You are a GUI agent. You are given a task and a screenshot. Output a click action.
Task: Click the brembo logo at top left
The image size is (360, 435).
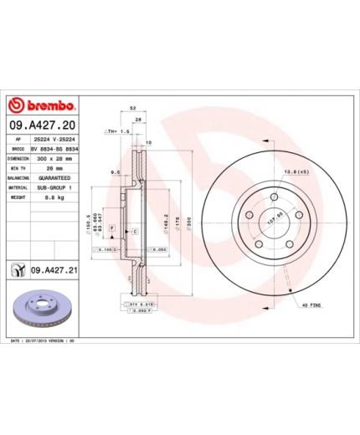[42, 106]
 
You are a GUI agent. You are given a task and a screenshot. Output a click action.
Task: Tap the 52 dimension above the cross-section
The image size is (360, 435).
[132, 110]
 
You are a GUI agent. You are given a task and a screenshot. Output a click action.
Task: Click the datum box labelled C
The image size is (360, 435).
[135, 229]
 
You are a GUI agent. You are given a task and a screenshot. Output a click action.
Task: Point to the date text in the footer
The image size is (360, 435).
[42, 342]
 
